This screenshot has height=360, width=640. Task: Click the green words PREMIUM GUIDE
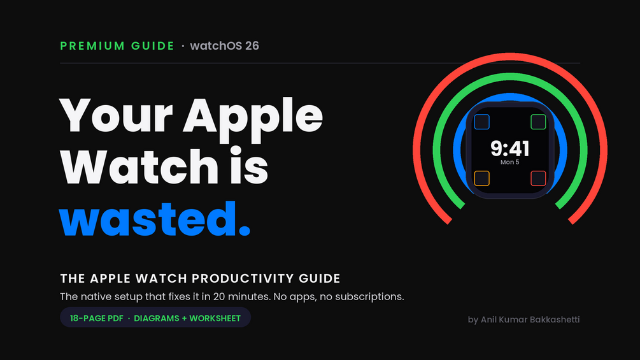tap(117, 46)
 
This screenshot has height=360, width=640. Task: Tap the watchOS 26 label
tap(225, 46)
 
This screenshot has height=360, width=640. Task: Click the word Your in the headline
tap(116, 116)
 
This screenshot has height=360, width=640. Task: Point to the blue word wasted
tap(155, 219)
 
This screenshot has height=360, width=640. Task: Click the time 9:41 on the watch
tap(510, 148)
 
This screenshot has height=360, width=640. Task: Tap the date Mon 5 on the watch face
tap(510, 162)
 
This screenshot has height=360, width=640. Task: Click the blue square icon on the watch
tap(481, 122)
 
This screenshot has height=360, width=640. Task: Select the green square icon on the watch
tap(538, 122)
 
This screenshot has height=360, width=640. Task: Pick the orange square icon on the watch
tap(481, 178)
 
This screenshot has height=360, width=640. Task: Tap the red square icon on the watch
tap(538, 178)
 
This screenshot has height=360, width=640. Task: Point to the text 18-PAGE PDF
tap(96, 319)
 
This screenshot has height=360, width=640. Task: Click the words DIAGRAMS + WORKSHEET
tap(187, 319)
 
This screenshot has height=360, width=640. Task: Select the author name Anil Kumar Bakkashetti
tap(530, 320)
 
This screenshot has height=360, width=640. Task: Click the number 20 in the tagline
tap(219, 297)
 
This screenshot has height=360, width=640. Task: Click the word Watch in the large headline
tap(139, 166)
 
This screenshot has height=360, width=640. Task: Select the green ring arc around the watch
tap(510, 76)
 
